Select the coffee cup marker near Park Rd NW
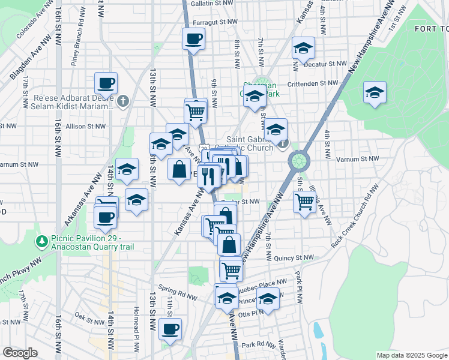(x=171, y=329)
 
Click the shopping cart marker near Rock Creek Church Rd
(x=304, y=202)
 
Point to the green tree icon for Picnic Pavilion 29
(x=41, y=242)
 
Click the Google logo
(x=20, y=353)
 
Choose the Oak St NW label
(x=89, y=315)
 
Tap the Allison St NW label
(x=85, y=127)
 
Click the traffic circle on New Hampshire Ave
(x=298, y=161)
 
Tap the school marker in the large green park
(x=375, y=93)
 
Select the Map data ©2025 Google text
(x=411, y=355)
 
